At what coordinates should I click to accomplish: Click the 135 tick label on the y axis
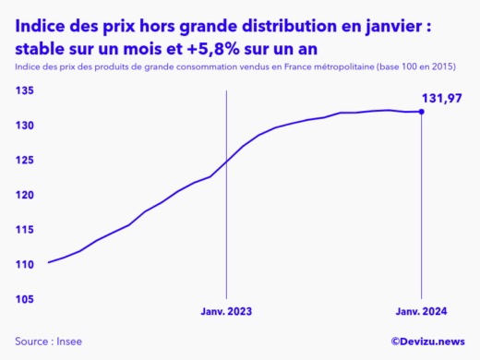click(x=24, y=90)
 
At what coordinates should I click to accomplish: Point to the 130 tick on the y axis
click(x=24, y=126)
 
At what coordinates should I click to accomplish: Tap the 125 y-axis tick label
click(x=24, y=161)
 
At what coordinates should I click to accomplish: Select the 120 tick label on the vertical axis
click(x=24, y=196)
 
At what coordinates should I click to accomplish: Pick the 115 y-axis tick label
click(x=24, y=230)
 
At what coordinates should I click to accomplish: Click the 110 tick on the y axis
click(x=24, y=265)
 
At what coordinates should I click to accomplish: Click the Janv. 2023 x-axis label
click(x=226, y=312)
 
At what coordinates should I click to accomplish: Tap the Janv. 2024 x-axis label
click(x=422, y=312)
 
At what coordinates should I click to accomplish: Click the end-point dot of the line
click(x=422, y=112)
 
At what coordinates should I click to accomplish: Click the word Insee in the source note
click(x=69, y=342)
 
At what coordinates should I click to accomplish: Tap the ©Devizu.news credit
click(x=427, y=342)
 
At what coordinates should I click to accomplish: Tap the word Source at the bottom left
click(x=32, y=342)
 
